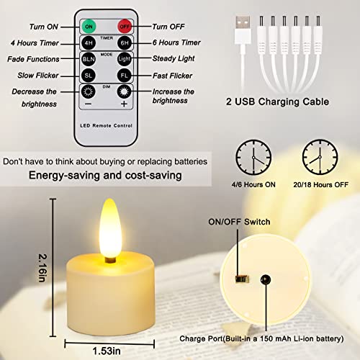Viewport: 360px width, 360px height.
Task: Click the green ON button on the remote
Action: point(89,27)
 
